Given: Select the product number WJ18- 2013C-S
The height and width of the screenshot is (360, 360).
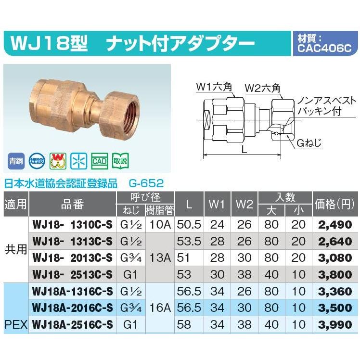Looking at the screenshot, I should [x=72, y=257].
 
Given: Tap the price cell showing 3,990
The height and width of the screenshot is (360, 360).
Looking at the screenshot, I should [x=336, y=325].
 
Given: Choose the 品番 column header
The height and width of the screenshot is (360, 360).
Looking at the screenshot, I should [x=72, y=204].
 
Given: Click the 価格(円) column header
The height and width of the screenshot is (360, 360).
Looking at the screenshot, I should [x=335, y=204].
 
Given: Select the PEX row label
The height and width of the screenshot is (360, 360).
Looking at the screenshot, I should [x=15, y=325].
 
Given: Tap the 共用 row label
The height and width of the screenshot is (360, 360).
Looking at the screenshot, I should [x=15, y=249].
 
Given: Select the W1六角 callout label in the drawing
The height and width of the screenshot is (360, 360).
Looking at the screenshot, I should [x=215, y=88].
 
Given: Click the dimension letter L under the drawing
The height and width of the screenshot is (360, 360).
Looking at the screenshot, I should [x=244, y=150].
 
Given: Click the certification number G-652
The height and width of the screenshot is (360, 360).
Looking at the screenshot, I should [x=146, y=183].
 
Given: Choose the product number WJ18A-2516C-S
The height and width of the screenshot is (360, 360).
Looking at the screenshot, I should [x=72, y=325].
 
